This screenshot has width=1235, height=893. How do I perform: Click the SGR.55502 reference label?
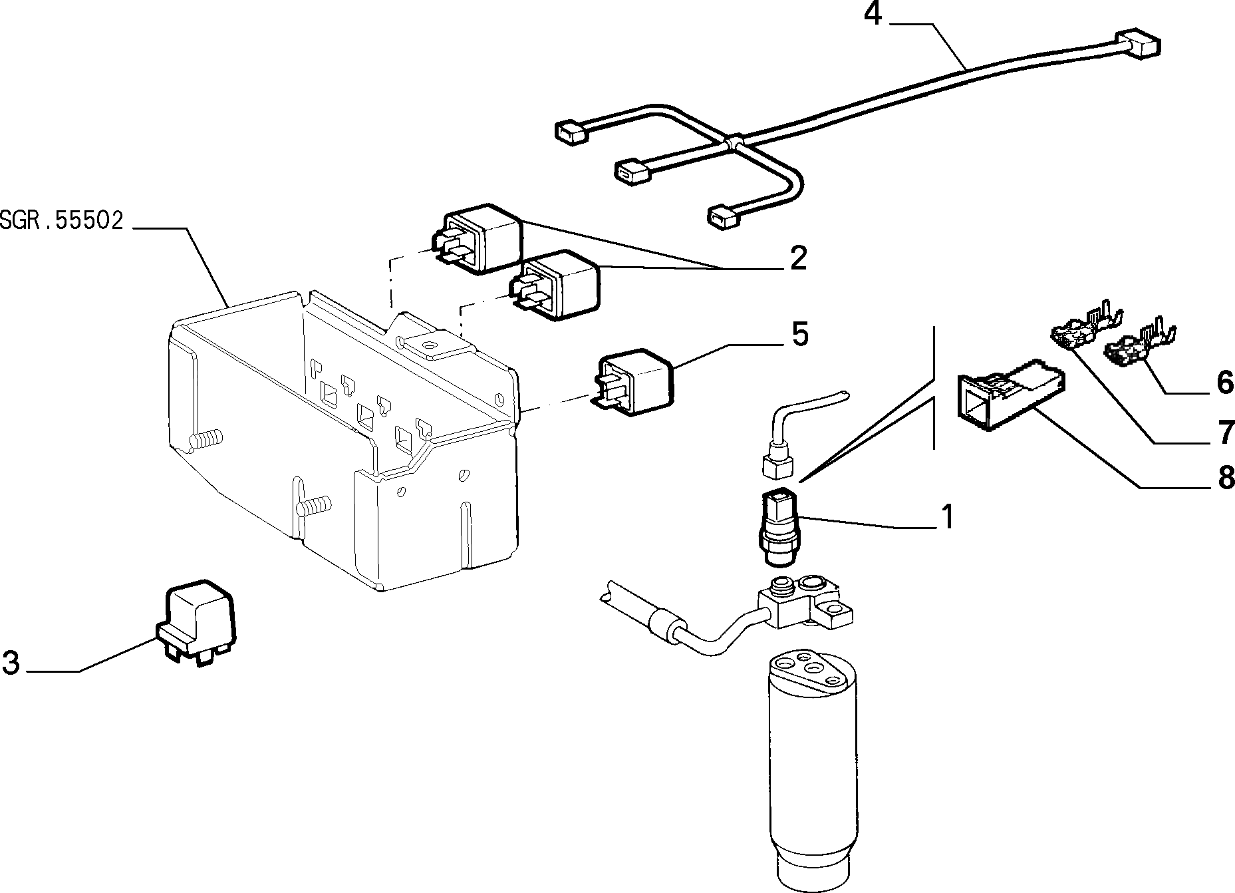62,221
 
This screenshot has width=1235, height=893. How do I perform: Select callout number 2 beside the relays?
798,258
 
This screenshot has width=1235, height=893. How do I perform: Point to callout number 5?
799,334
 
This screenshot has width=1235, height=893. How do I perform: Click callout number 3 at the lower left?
11,662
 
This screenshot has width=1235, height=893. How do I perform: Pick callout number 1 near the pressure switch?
946,517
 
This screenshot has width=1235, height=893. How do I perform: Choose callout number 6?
1224,382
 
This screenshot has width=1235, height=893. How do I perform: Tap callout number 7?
1226,432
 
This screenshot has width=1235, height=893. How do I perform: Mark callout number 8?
1226,476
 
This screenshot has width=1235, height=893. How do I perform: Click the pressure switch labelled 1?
781,525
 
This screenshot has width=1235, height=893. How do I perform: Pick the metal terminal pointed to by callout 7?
1085,327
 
